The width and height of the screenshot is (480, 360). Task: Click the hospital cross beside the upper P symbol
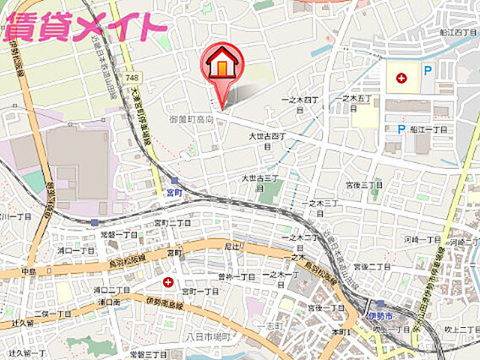click(x=401, y=78)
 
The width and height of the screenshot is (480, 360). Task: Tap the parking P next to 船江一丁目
click(x=401, y=129)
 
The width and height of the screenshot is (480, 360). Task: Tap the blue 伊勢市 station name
click(x=381, y=316)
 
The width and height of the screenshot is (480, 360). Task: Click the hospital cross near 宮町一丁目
click(x=168, y=281)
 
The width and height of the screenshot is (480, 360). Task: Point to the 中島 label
click(x=29, y=272)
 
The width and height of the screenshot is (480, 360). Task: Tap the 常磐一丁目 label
click(x=118, y=234)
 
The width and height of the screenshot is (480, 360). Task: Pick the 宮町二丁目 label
click(x=172, y=222)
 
